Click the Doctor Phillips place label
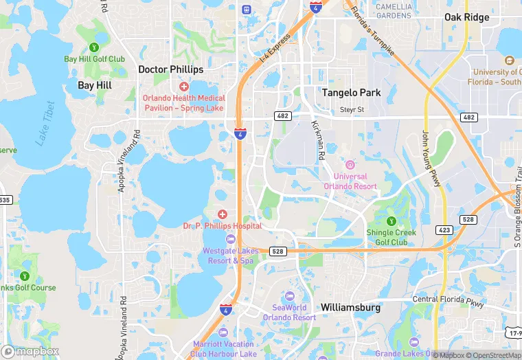pos(171,69)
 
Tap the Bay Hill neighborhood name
pos(95,85)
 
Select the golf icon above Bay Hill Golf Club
pos(94,47)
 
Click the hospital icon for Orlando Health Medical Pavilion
pos(183,87)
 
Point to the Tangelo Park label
pos(352,92)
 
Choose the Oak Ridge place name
pos(467,17)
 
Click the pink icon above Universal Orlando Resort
pos(350,165)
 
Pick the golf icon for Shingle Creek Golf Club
pos(391,221)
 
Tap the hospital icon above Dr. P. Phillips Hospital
pos(223,215)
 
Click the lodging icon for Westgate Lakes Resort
pos(229,239)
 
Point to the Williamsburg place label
pos(350,308)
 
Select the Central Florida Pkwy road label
pos(448,300)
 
